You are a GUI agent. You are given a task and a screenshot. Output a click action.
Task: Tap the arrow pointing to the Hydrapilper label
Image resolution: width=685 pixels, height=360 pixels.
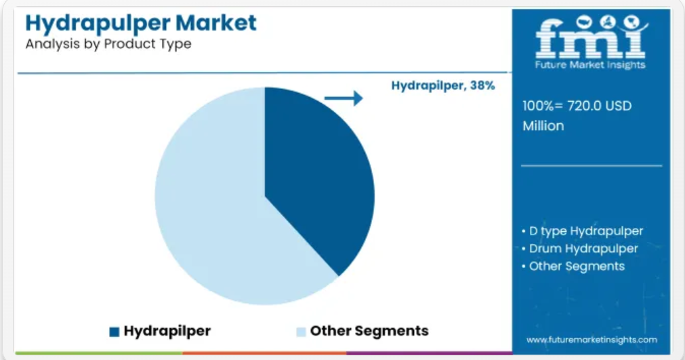tap(344, 98)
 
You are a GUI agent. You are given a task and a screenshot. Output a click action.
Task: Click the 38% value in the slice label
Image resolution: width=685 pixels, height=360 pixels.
tap(482, 85)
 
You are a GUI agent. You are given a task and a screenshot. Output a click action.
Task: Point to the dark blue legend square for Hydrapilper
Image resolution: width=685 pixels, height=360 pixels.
tap(115, 332)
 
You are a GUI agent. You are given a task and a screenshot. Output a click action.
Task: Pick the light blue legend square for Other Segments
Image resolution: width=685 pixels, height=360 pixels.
tap(301, 332)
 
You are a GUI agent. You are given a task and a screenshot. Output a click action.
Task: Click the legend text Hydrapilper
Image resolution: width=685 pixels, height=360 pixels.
tap(167, 331)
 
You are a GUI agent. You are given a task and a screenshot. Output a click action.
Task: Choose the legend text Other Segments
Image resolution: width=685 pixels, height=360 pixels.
tap(369, 331)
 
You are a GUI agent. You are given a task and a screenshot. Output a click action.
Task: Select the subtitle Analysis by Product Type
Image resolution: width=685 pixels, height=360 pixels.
tap(108, 44)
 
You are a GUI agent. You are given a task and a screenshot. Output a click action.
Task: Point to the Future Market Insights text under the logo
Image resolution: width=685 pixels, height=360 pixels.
tap(590, 65)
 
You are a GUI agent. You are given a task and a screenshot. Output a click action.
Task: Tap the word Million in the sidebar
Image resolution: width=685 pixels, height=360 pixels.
tap(543, 126)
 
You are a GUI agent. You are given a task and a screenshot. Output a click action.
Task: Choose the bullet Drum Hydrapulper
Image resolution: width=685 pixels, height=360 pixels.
tap(580, 249)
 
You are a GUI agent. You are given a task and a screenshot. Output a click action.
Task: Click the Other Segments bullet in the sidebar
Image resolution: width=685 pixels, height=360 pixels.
tap(573, 266)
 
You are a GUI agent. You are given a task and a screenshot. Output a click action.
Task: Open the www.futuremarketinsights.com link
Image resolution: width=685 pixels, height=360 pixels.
tap(591, 340)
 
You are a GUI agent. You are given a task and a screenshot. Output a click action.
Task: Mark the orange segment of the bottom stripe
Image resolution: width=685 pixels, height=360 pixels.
tap(264, 353)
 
